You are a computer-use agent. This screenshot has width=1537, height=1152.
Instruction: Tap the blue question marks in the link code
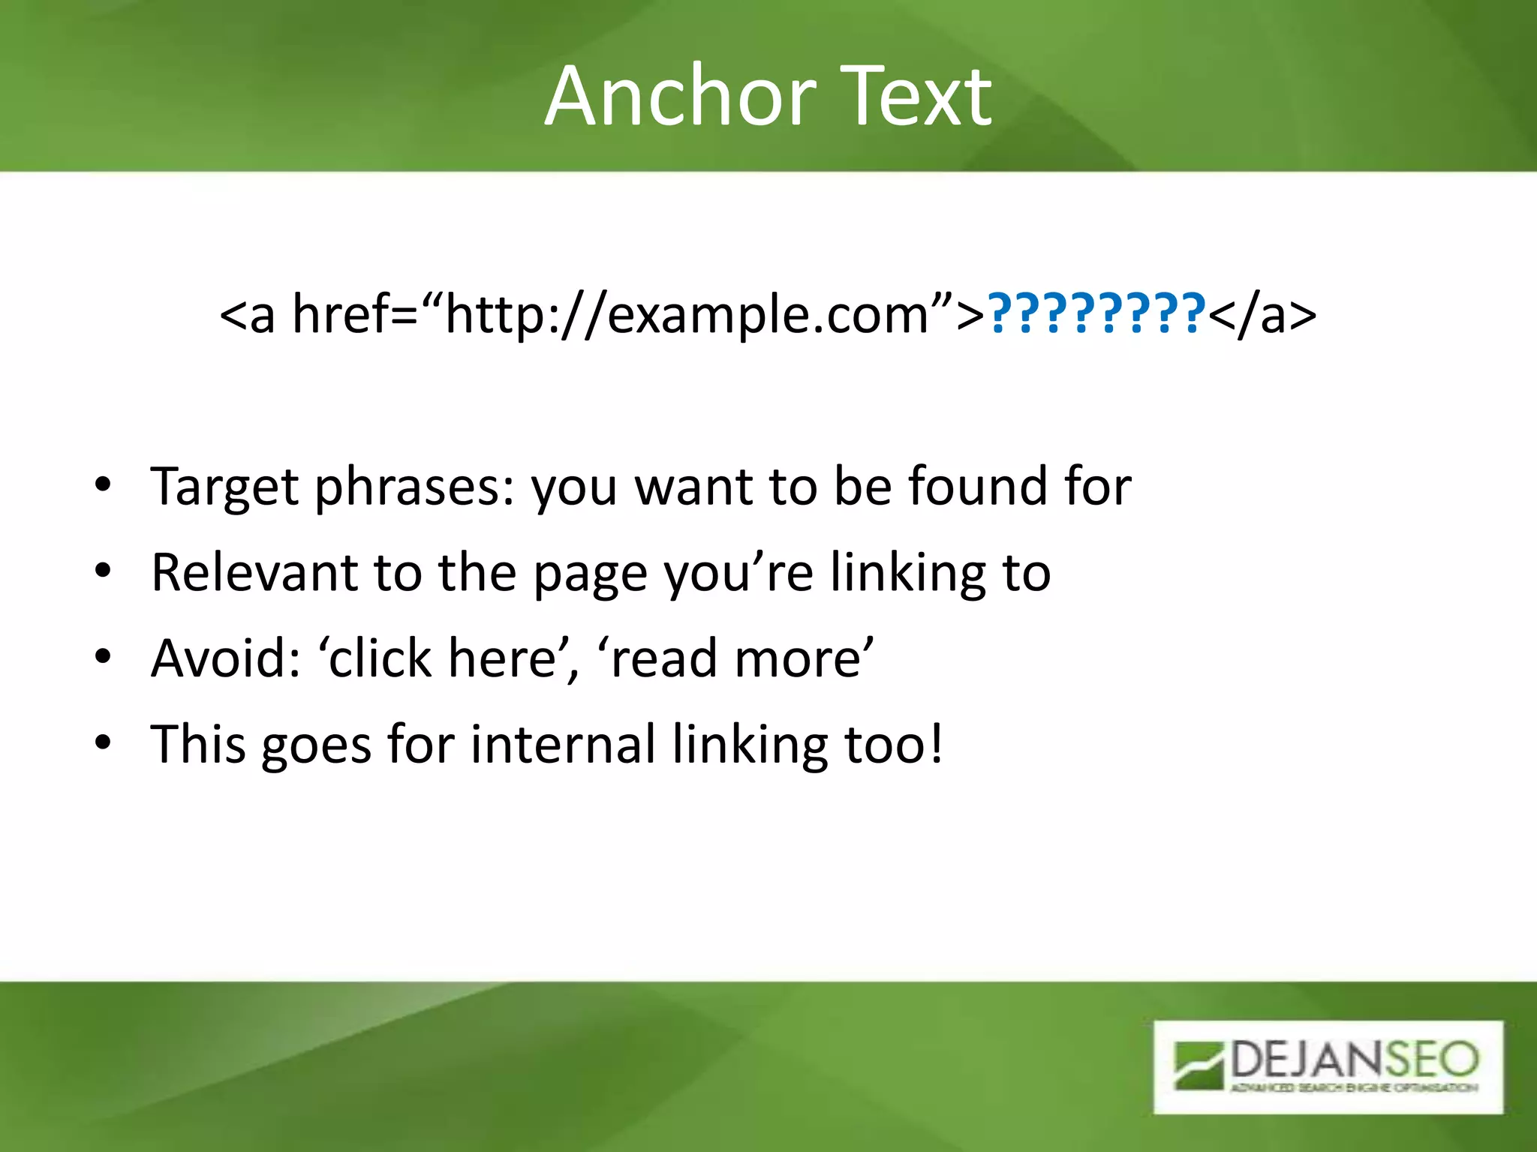[1096, 313]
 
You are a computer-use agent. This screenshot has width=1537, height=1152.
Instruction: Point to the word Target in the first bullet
[224, 487]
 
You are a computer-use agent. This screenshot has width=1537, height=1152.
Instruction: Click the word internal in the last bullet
[564, 745]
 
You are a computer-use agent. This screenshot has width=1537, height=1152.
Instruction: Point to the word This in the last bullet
[198, 745]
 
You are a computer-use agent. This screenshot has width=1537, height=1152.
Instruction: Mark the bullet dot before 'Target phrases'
[103, 485]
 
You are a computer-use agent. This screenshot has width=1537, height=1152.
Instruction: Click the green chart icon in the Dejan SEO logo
[1199, 1064]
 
